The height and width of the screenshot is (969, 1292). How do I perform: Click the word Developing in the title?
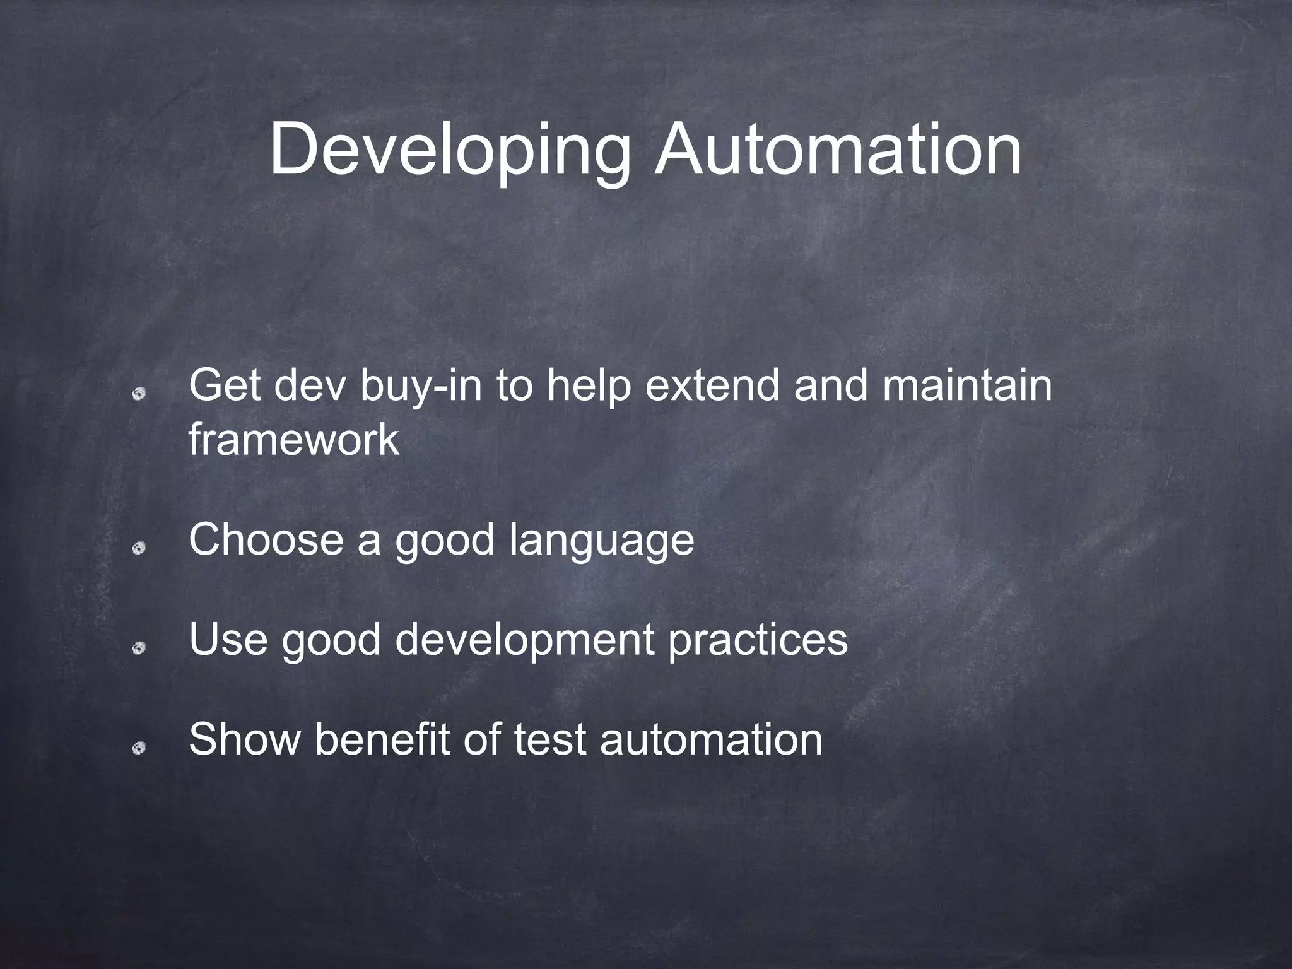pyautogui.click(x=449, y=151)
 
